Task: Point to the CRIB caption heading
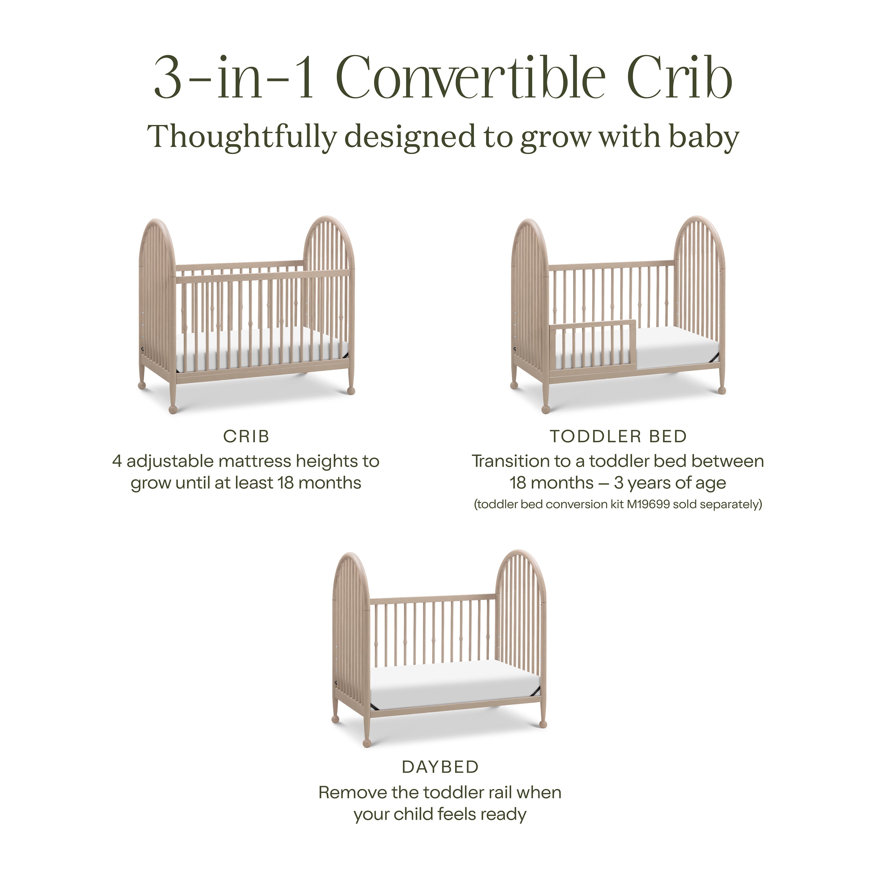tap(246, 436)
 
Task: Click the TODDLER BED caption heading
tap(618, 436)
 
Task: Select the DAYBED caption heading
tap(440, 767)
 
